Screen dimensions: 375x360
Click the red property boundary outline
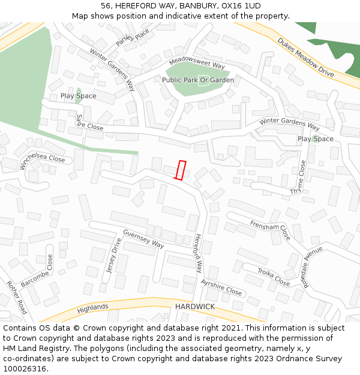pos(180,170)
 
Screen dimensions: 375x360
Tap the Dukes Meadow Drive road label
pos(305,57)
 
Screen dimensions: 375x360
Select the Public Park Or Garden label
pos(198,80)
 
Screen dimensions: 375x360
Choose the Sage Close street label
pos(89,123)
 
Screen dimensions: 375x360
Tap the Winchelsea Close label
pos(42,155)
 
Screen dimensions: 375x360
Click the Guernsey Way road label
pos(143,239)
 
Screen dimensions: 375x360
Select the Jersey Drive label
pos(114,256)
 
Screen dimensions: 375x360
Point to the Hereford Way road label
pos(198,253)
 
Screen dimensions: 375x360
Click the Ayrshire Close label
pos(221,287)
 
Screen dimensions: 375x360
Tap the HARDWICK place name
pos(195,307)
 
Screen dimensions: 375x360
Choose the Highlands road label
pos(92,308)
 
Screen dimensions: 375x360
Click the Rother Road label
pos(17,298)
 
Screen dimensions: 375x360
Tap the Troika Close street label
pos(274,277)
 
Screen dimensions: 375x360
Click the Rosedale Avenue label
pos(313,266)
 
